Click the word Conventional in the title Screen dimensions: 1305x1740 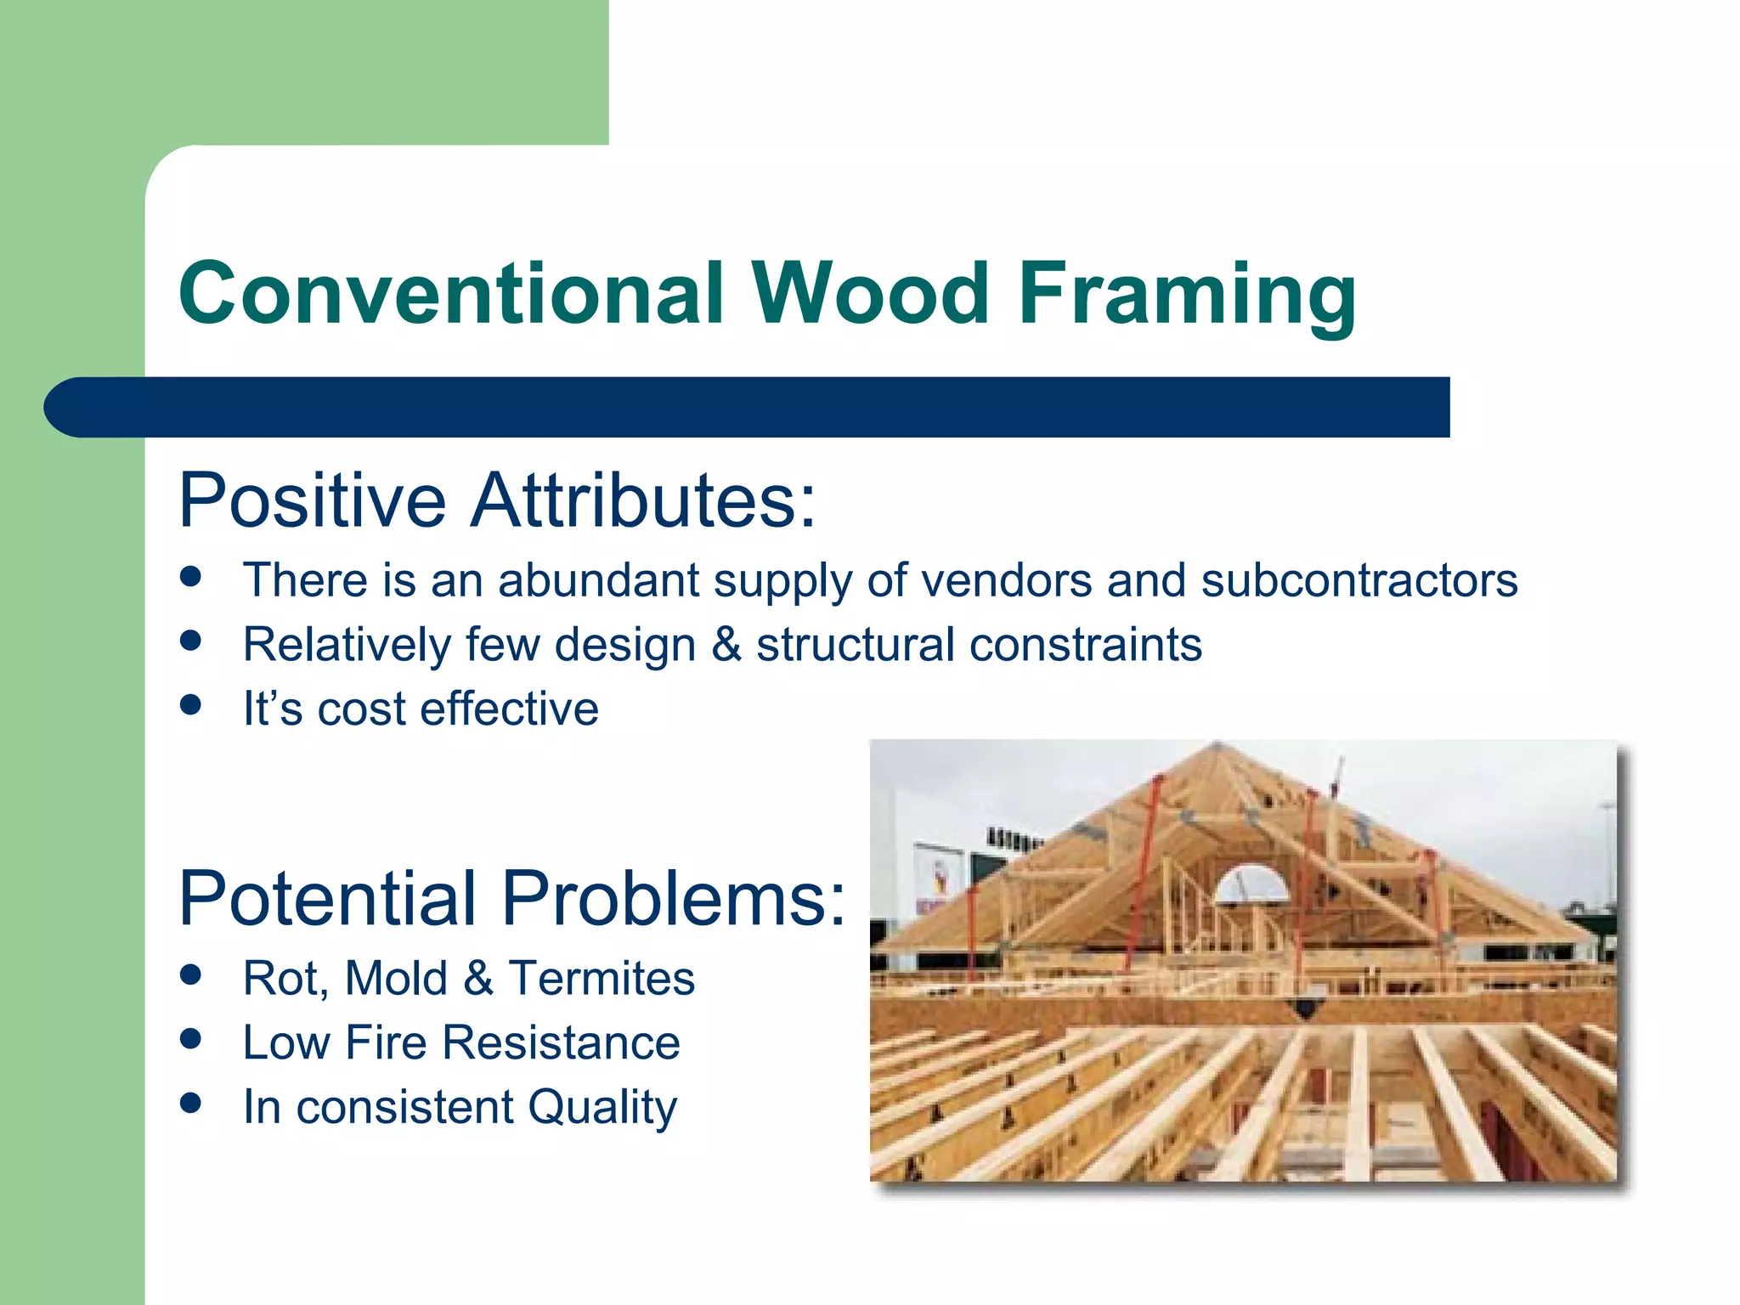(451, 293)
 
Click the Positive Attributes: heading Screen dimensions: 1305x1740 (497, 500)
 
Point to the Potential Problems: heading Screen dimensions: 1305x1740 (511, 898)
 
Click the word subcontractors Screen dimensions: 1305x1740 (1359, 580)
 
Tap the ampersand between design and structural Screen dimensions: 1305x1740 (726, 644)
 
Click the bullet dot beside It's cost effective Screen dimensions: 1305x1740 (191, 705)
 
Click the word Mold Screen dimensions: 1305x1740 (396, 978)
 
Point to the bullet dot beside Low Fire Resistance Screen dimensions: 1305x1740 (191, 1038)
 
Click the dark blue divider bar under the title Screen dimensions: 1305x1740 (748, 407)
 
